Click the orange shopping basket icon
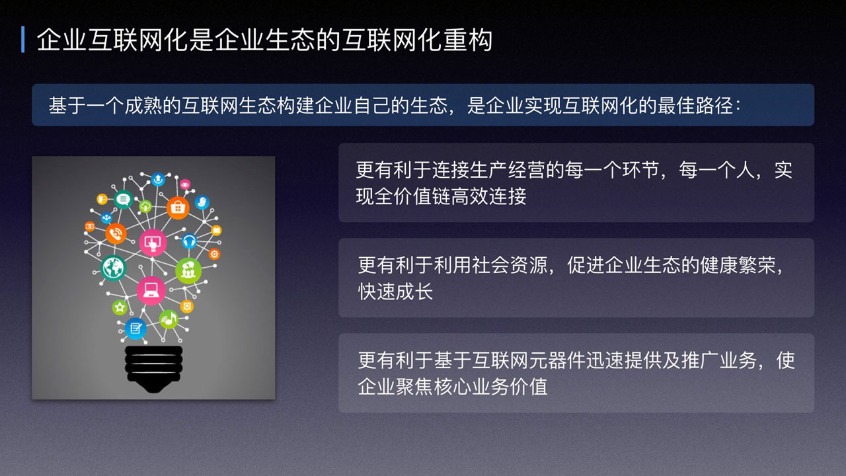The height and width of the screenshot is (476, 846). pyautogui.click(x=178, y=208)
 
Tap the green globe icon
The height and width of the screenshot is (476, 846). pyautogui.click(x=113, y=268)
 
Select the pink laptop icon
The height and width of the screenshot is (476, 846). pyautogui.click(x=151, y=291)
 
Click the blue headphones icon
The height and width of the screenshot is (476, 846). pyautogui.click(x=189, y=240)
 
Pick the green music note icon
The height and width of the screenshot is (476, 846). pyautogui.click(x=169, y=319)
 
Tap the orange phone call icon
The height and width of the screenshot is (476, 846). pyautogui.click(x=116, y=234)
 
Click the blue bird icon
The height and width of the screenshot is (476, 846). pyautogui.click(x=202, y=202)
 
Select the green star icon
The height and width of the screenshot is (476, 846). pyautogui.click(x=120, y=307)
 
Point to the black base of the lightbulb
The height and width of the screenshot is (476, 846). pyautogui.click(x=154, y=369)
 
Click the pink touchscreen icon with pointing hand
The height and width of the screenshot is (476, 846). pyautogui.click(x=153, y=243)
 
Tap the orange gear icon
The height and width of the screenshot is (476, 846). pyautogui.click(x=214, y=255)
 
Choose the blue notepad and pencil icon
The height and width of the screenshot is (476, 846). pyautogui.click(x=135, y=329)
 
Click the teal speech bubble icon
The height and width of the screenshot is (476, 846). pyautogui.click(x=123, y=199)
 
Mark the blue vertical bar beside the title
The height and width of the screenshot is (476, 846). pyautogui.click(x=23, y=39)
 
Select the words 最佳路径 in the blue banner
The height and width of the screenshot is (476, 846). pyautogui.click(x=695, y=105)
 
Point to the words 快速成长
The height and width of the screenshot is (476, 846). pyautogui.click(x=395, y=292)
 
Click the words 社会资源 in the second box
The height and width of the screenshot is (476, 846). pyautogui.click(x=510, y=265)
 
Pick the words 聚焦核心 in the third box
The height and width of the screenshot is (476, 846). pyautogui.click(x=434, y=387)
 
